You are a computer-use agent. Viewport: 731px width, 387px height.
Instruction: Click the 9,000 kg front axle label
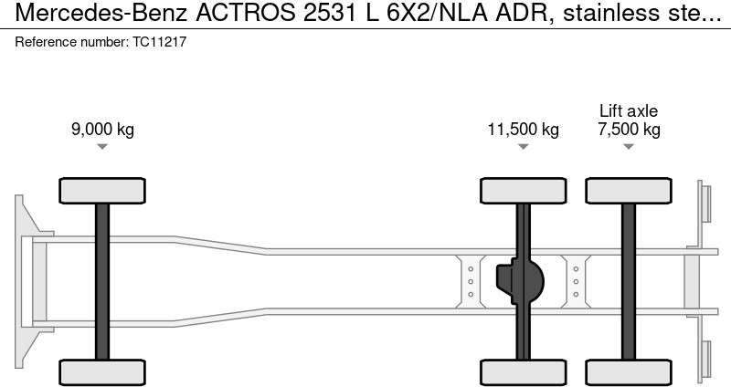102,129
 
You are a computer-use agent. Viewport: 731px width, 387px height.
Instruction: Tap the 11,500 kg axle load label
523,129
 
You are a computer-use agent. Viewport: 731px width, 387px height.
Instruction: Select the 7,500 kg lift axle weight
629,129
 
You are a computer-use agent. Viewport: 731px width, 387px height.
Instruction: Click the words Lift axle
629,110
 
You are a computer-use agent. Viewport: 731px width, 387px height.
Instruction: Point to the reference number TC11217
159,42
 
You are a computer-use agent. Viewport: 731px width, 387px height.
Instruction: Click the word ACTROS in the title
245,13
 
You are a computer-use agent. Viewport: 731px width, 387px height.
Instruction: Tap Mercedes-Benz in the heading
101,13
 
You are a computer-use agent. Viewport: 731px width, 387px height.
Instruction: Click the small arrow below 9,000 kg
102,147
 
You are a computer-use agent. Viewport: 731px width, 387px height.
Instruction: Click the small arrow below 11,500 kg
523,147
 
